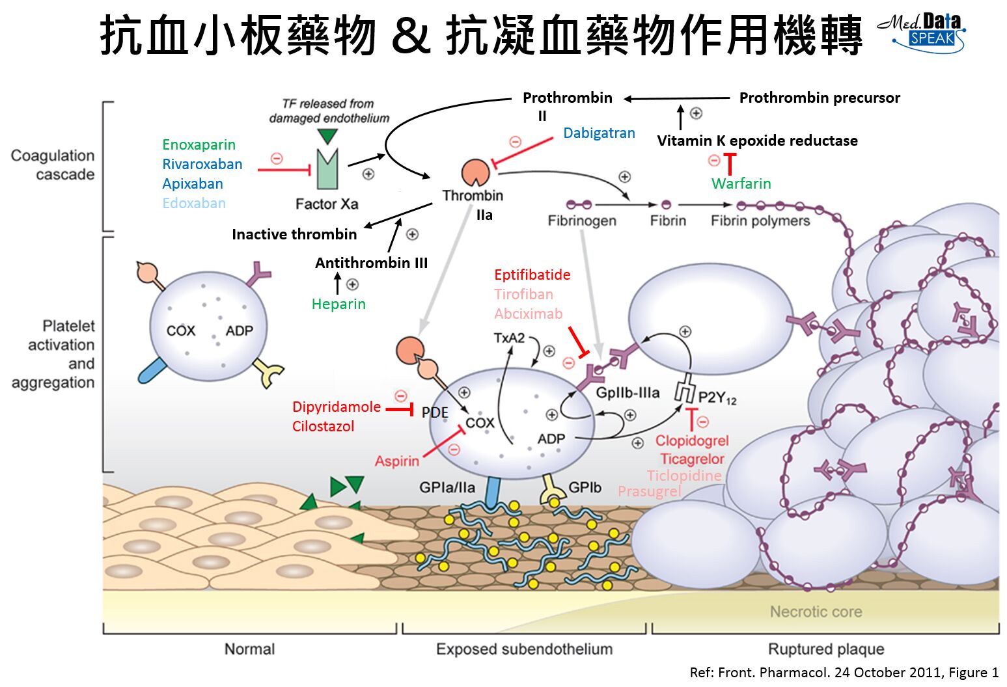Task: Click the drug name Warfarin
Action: click(741, 183)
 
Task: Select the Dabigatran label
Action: click(599, 133)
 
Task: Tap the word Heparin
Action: click(338, 304)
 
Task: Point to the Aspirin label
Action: click(397, 461)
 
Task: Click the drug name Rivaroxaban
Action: click(202, 164)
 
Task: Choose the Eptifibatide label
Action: click(532, 275)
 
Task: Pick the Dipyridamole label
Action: click(336, 407)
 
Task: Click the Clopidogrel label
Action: click(692, 440)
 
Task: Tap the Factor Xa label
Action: click(327, 204)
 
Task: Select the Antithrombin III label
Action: click(371, 263)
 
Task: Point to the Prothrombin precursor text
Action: click(820, 98)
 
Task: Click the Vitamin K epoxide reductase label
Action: click(757, 141)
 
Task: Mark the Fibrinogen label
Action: click(582, 221)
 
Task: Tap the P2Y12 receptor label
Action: click(717, 397)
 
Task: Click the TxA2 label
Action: click(509, 338)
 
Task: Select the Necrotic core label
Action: click(816, 612)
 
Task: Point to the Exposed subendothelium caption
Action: click(524, 649)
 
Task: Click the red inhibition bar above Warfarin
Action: click(730, 162)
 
